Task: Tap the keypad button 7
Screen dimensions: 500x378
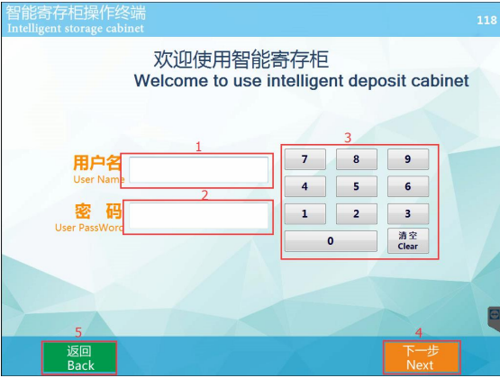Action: point(305,159)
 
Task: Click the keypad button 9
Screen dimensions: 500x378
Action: point(408,159)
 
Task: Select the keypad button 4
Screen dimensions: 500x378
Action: point(305,186)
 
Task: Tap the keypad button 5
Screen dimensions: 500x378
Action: point(357,186)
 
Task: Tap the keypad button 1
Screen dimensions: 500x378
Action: point(305,213)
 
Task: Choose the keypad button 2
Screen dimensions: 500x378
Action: point(357,213)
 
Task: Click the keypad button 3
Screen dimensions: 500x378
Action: point(408,213)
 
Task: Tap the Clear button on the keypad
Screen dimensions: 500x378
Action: point(408,240)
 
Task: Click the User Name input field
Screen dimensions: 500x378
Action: point(198,170)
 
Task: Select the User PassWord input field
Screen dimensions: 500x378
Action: point(198,216)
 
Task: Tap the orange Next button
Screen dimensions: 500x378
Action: point(422,357)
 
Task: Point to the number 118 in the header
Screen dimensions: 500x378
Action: point(486,21)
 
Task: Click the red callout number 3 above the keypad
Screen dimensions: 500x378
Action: point(348,138)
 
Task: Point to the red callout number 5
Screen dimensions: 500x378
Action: point(78,332)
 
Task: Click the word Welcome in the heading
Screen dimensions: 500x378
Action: point(170,81)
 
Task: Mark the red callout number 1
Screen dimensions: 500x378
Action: point(199,147)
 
